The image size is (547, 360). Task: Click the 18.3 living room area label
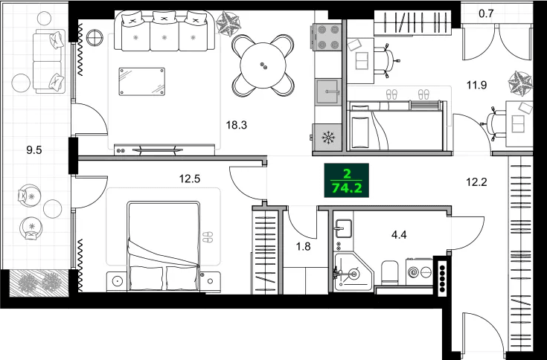(x=236, y=125)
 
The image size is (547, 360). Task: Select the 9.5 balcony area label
(x=33, y=150)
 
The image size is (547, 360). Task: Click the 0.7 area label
(x=486, y=13)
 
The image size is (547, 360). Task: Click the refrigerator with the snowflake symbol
(x=327, y=137)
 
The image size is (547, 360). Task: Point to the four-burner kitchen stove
(x=327, y=39)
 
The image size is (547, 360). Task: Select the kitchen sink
(x=327, y=93)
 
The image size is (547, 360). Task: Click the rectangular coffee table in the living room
(x=142, y=81)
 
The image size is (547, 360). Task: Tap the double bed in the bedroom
(x=164, y=247)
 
